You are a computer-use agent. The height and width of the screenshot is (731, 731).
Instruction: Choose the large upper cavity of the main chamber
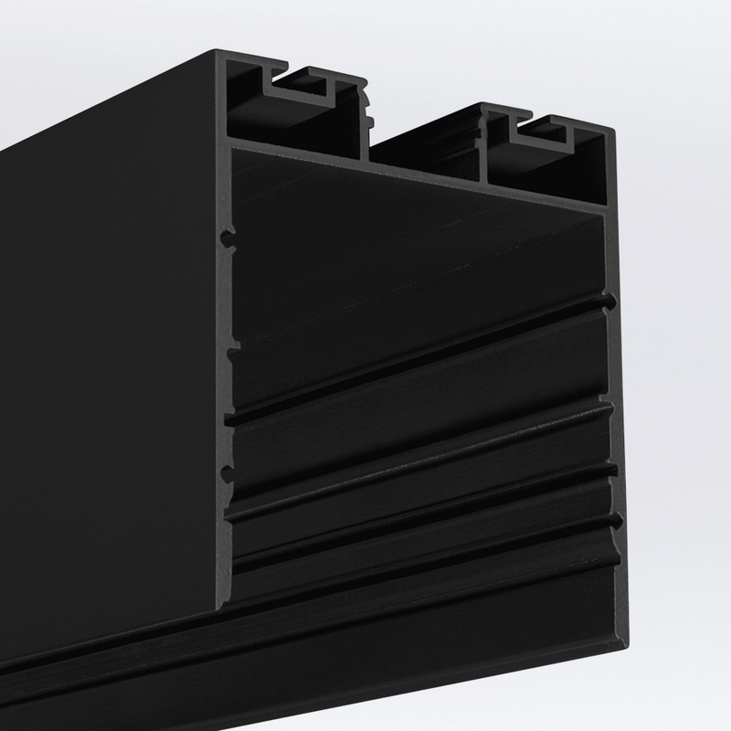411,256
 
